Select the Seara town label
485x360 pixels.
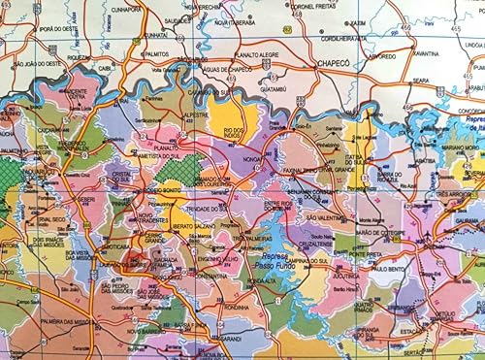(x=420, y=81)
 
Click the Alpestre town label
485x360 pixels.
(x=196, y=114)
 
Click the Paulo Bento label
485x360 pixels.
(x=388, y=269)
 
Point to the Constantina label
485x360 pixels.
(x=210, y=275)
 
